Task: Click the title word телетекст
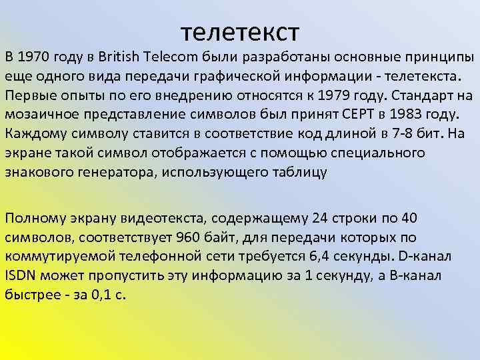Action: pyautogui.click(x=240, y=30)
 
